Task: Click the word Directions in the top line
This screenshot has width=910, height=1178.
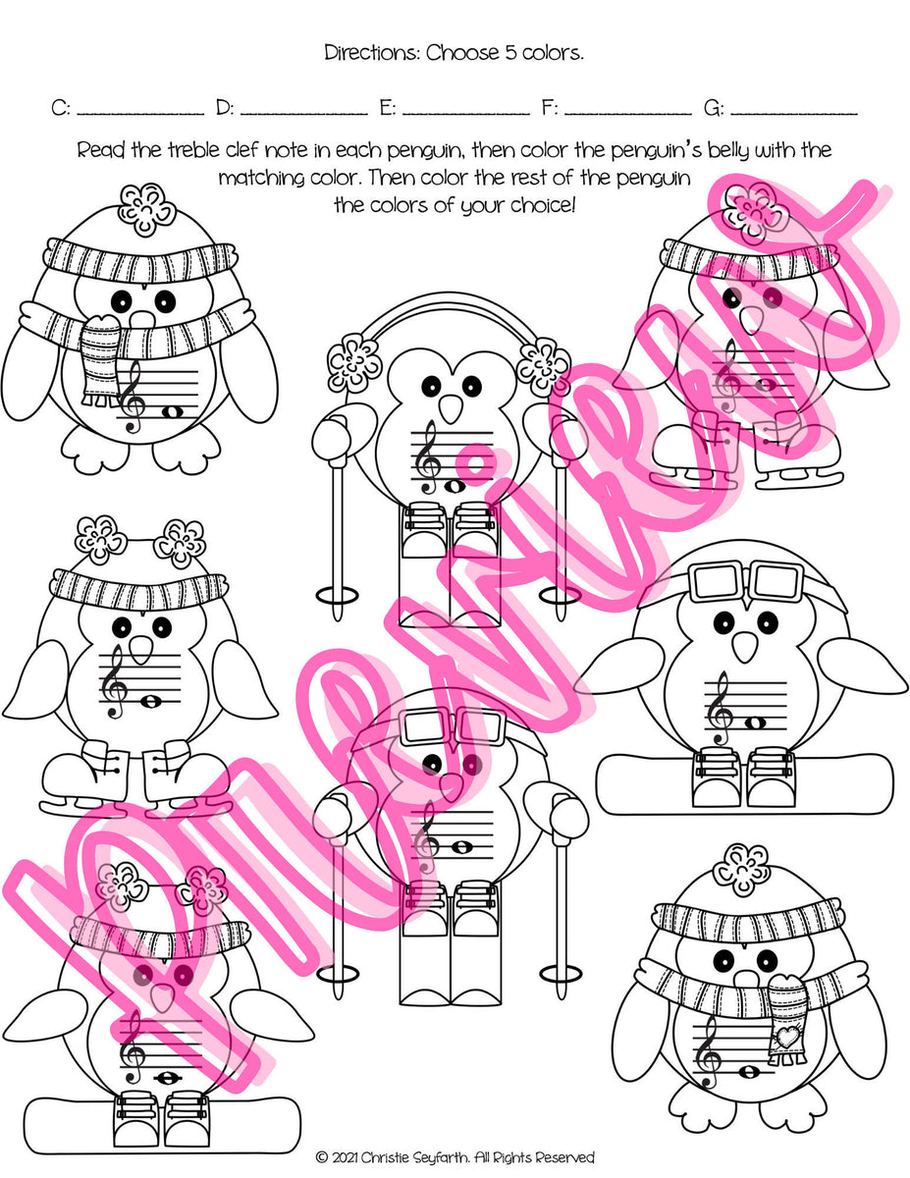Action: point(371,53)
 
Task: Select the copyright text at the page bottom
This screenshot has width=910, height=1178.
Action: point(455,1158)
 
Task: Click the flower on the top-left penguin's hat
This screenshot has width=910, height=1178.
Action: point(146,206)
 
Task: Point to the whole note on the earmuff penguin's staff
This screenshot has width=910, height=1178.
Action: point(455,485)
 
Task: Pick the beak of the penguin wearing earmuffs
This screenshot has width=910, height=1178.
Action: point(451,408)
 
